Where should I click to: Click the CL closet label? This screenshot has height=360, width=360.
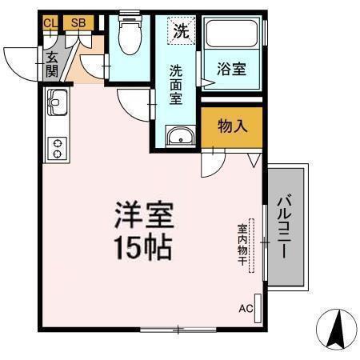click(50, 23)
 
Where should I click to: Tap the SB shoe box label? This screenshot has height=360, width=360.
click(78, 23)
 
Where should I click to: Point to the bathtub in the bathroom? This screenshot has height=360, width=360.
click(233, 34)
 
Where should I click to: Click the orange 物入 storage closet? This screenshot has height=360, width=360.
click(231, 127)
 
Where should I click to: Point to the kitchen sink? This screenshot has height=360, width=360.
click(58, 102)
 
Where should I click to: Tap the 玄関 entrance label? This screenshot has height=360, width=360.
click(52, 63)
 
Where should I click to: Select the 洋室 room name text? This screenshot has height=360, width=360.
click(144, 214)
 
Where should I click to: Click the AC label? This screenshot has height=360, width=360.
click(246, 308)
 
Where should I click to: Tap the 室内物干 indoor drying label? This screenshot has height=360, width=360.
click(242, 242)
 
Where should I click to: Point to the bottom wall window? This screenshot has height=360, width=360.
click(178, 329)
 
